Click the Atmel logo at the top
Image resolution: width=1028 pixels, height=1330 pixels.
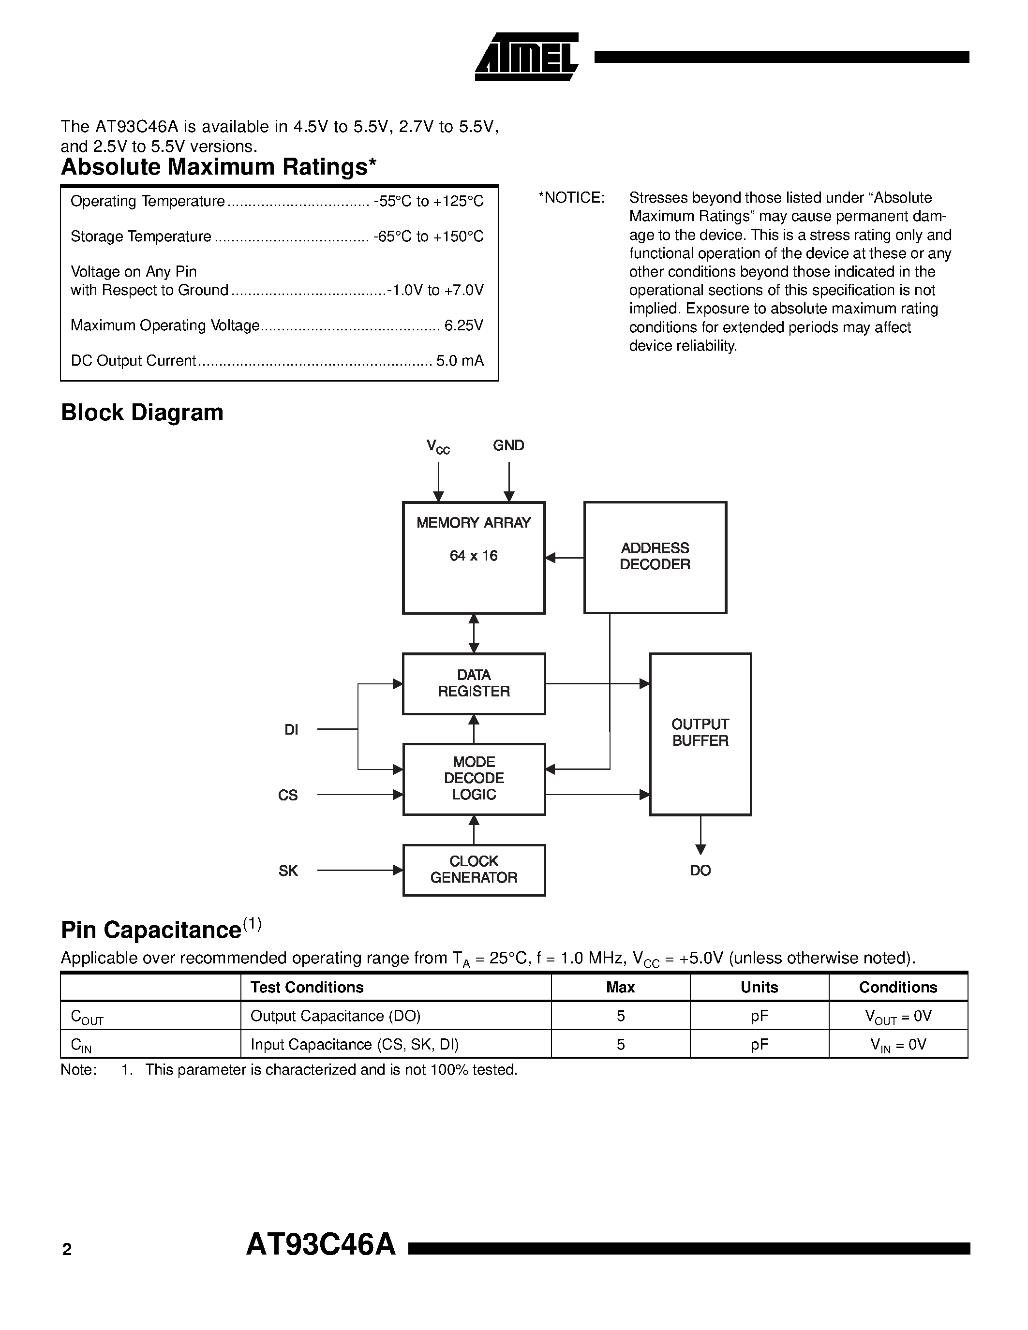pyautogui.click(x=526, y=57)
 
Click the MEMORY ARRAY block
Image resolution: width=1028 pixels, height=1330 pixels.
pyautogui.click(x=473, y=557)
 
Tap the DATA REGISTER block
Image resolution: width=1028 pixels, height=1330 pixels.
pyautogui.click(x=473, y=683)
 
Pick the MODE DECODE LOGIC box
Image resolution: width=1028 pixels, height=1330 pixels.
pyautogui.click(x=473, y=778)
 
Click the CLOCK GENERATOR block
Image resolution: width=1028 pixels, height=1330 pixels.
pyautogui.click(x=473, y=870)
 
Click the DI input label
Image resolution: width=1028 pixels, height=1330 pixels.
pyautogui.click(x=291, y=729)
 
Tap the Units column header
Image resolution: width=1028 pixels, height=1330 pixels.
pyautogui.click(x=759, y=987)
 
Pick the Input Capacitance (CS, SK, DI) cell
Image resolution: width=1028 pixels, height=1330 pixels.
pyautogui.click(x=355, y=1044)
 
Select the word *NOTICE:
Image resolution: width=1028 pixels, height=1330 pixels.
pyautogui.click(x=571, y=198)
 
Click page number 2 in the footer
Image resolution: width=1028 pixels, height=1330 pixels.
pyautogui.click(x=67, y=1250)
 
